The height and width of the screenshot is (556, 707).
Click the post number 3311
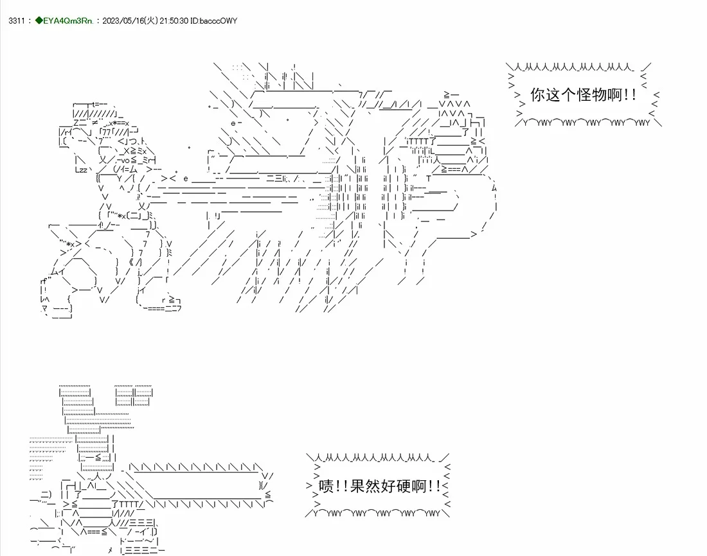click(x=17, y=21)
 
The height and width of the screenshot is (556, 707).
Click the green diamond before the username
click(x=39, y=21)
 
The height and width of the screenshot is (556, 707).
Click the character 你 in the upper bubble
click(x=538, y=94)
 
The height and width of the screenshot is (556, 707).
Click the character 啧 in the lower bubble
click(x=326, y=486)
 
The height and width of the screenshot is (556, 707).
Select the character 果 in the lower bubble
click(x=357, y=486)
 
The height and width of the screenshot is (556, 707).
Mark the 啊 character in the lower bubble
click(x=418, y=486)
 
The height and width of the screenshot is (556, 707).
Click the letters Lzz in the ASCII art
click(x=81, y=170)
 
